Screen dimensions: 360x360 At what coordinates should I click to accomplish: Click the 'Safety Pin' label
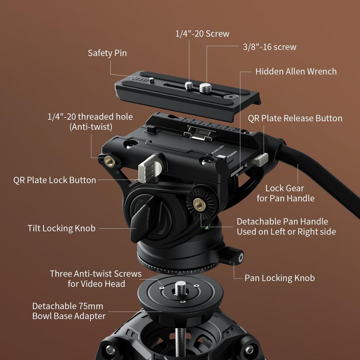[107, 53]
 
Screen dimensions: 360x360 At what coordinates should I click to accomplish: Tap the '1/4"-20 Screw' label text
[202, 34]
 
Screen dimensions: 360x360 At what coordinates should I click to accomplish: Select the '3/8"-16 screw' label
[270, 47]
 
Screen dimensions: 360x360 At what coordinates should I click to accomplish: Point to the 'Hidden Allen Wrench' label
[296, 71]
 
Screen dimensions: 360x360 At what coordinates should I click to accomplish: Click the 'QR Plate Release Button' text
[295, 118]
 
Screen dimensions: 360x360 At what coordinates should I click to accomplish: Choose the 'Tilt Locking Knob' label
[62, 228]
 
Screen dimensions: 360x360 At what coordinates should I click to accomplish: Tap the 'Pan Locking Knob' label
[279, 278]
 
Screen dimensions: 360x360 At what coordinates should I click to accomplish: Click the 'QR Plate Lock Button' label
[54, 180]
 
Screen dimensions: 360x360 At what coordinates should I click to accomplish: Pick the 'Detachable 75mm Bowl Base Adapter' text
[69, 311]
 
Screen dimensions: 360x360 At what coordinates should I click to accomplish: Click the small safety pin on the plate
[152, 80]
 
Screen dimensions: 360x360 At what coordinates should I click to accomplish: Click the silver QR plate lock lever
[147, 168]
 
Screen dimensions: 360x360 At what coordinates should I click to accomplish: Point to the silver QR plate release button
[260, 160]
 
